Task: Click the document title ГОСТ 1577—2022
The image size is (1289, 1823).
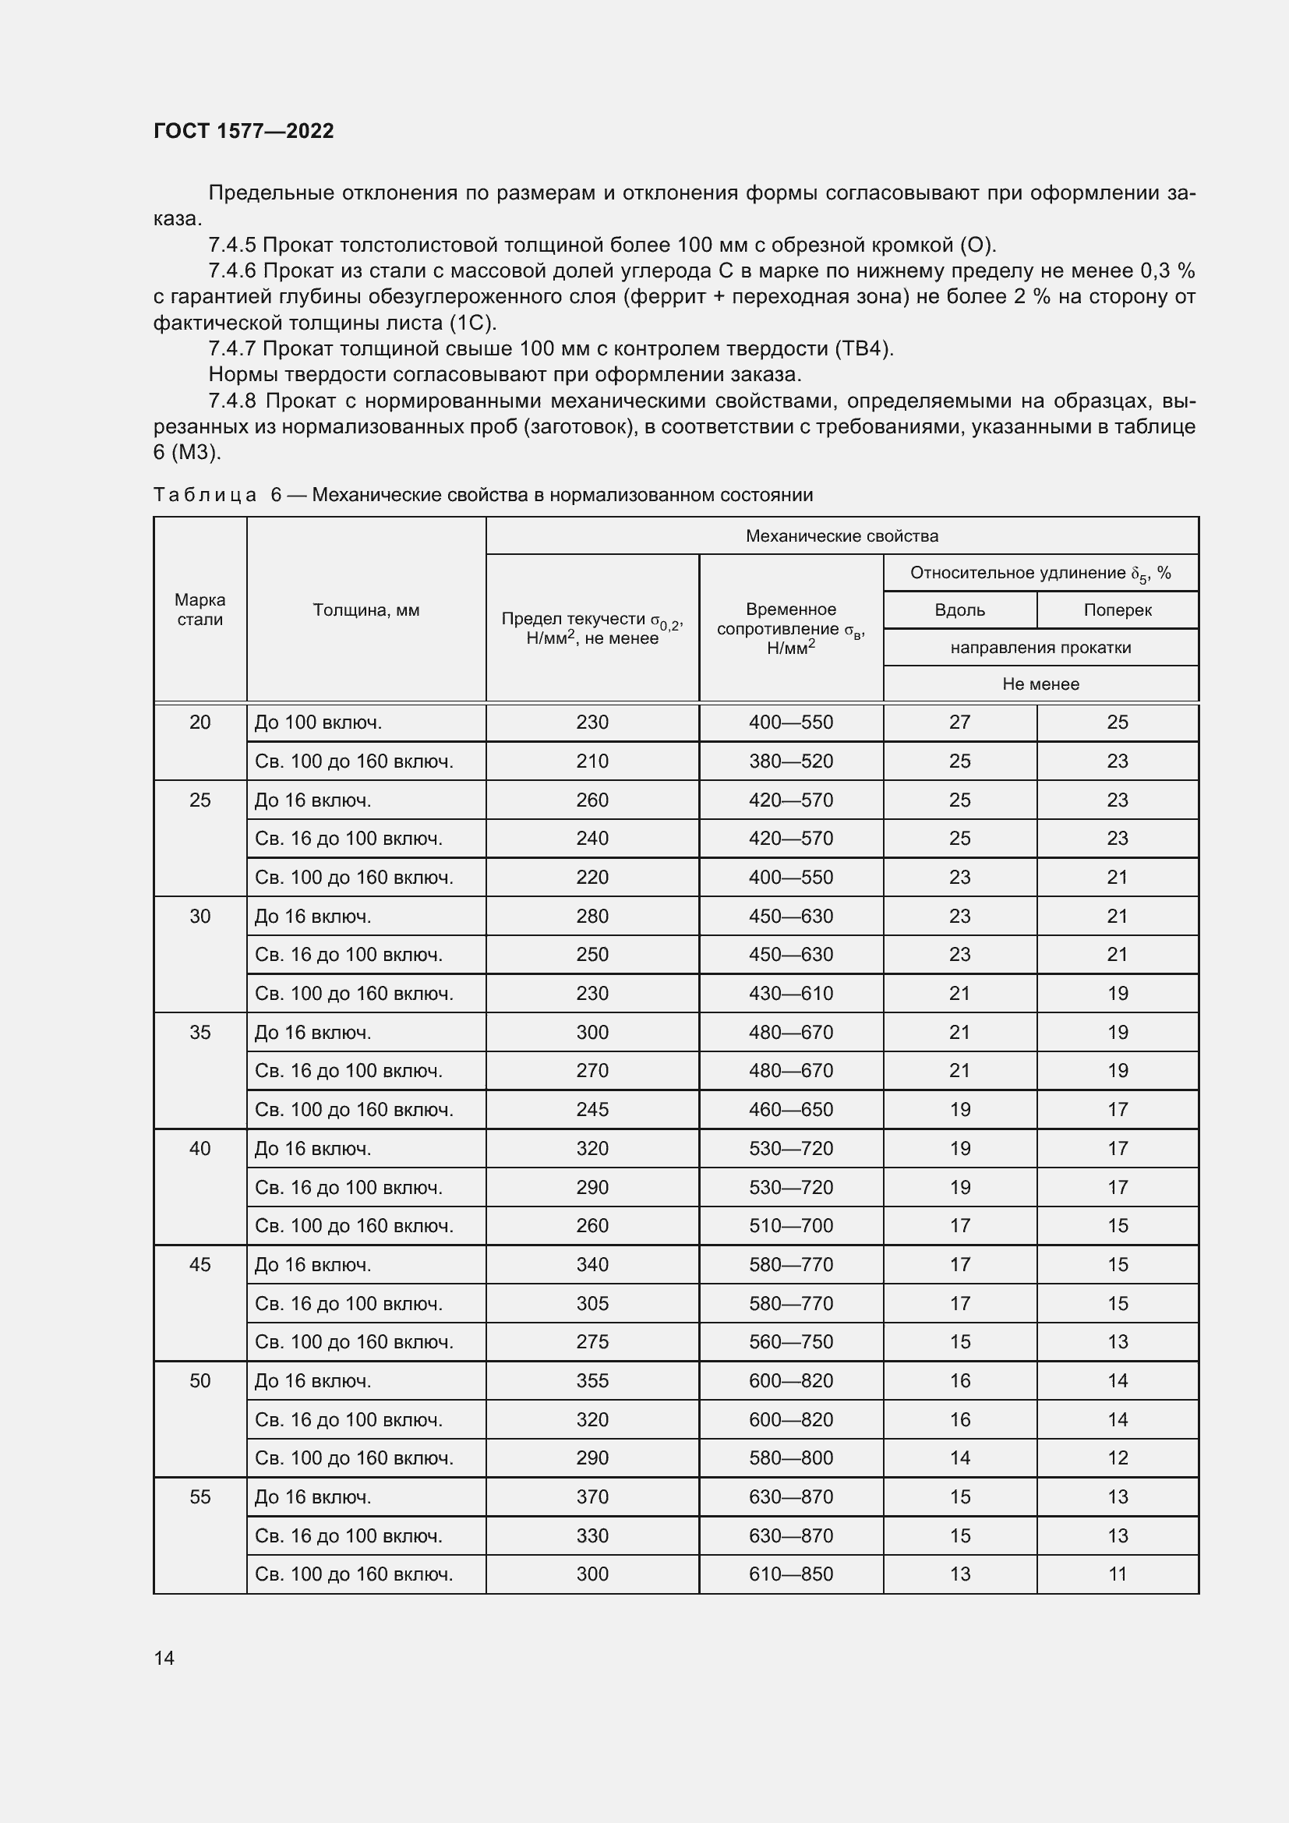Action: click(x=244, y=131)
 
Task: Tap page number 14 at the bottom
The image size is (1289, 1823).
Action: click(x=164, y=1658)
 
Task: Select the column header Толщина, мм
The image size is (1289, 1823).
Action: click(x=366, y=609)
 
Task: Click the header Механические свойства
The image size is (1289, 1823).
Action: click(x=842, y=536)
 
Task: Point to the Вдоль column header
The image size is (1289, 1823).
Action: click(x=959, y=609)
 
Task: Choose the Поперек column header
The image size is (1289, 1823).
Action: click(x=1117, y=609)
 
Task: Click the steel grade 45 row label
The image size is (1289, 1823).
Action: click(x=200, y=1265)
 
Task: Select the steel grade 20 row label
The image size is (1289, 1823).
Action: click(x=200, y=722)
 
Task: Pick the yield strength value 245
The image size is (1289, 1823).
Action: click(x=592, y=1109)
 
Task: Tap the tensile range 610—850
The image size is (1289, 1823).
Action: click(x=790, y=1574)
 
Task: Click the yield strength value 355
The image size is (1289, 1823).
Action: click(x=592, y=1381)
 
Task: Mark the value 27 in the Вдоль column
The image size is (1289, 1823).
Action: click(x=959, y=722)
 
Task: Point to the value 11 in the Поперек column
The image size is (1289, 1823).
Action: click(x=1117, y=1574)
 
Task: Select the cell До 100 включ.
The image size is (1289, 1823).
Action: click(x=318, y=722)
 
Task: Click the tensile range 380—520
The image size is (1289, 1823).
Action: click(x=790, y=761)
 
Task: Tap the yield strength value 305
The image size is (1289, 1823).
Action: click(x=592, y=1304)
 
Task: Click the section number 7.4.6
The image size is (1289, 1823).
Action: click(x=231, y=270)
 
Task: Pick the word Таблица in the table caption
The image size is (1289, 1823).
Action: click(x=205, y=495)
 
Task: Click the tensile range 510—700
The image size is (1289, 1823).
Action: click(x=790, y=1226)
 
